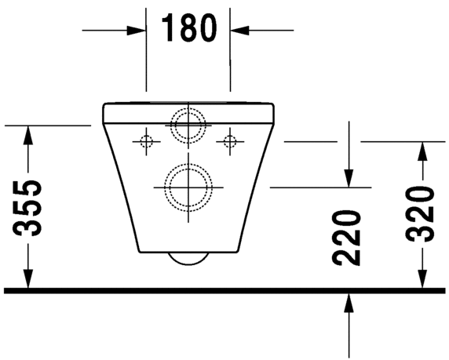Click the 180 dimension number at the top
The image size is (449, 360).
coord(188,28)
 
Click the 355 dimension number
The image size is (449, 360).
coord(29,209)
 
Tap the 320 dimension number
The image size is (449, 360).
coord(422,214)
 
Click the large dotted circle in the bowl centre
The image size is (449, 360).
coord(188,187)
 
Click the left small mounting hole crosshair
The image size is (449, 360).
coord(146,141)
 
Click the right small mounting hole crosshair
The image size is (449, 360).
coord(229,141)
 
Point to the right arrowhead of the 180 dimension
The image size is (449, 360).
coord(238,30)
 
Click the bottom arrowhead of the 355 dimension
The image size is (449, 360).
coord(28,282)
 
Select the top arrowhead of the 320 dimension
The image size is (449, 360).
coord(422,150)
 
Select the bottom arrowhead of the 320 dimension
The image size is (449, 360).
coord(422,282)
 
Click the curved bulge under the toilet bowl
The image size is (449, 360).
coord(188,259)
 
